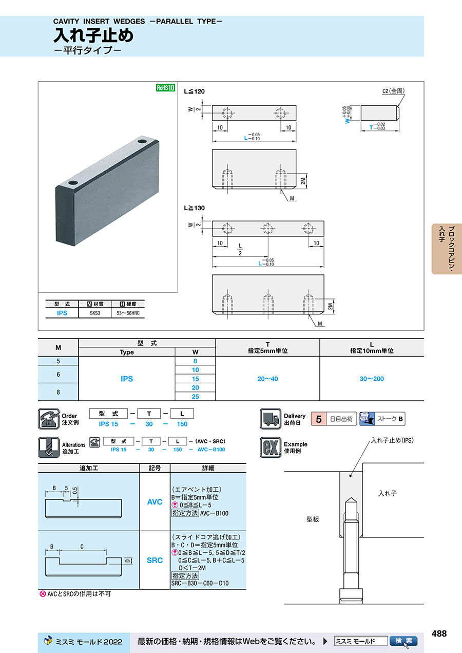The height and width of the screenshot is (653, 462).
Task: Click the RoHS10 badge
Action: [x=165, y=88]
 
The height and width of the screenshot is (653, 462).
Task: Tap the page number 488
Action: [x=439, y=633]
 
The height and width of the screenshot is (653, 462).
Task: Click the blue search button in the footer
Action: [x=403, y=641]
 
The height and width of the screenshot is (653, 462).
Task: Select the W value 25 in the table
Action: [x=195, y=397]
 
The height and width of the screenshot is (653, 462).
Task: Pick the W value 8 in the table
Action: [x=195, y=361]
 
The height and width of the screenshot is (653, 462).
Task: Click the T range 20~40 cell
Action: [x=267, y=379]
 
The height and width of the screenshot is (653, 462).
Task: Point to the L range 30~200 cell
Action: [x=372, y=379]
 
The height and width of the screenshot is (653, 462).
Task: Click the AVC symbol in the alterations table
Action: [x=155, y=501]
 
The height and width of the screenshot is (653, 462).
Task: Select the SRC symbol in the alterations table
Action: [x=155, y=560]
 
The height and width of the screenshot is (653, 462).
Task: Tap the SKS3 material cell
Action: [x=94, y=313]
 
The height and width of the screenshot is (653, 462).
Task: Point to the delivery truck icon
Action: [x=269, y=419]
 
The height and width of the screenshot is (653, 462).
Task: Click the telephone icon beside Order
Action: [x=48, y=419]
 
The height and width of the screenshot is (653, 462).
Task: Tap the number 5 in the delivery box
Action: [x=318, y=419]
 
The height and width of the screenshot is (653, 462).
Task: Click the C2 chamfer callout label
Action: [x=394, y=91]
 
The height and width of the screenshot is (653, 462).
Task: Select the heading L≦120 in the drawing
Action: [x=195, y=91]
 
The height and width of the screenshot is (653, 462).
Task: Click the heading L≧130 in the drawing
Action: [x=195, y=208]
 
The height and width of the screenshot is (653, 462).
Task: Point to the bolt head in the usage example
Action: [x=351, y=596]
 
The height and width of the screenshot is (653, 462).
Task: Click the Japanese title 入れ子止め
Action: [x=93, y=36]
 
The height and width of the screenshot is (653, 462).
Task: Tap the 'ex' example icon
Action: [x=269, y=447]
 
